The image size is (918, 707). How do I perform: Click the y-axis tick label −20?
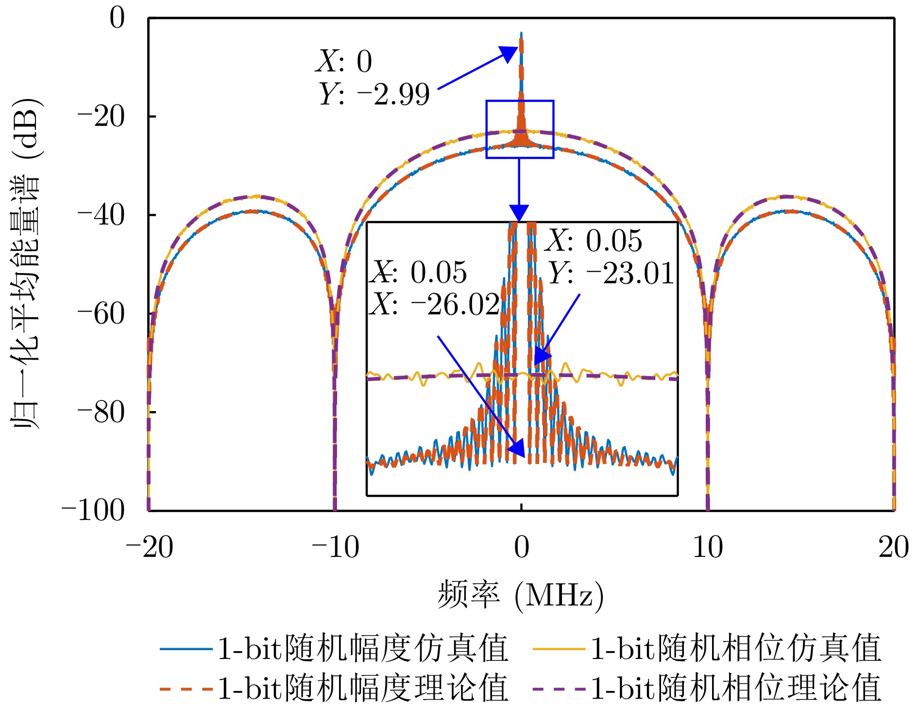tap(102, 117)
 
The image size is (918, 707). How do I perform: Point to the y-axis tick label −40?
tap(102, 215)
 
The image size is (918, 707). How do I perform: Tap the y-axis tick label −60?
tap(102, 314)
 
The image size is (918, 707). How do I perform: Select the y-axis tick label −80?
tap(102, 413)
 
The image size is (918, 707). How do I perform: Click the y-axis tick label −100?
tap(93, 511)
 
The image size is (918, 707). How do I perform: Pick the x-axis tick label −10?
tap(335, 548)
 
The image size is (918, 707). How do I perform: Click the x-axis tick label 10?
tap(708, 548)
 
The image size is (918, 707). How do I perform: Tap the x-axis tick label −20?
tap(149, 548)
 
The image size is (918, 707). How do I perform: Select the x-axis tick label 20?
tap(894, 548)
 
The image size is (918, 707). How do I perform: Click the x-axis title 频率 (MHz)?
tap(521, 595)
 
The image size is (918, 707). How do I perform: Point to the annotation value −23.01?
tap(630, 273)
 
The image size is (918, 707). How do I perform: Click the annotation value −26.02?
tap(456, 305)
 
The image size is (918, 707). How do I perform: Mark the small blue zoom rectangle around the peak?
tap(520, 129)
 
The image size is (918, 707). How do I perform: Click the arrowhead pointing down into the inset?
tap(519, 213)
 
